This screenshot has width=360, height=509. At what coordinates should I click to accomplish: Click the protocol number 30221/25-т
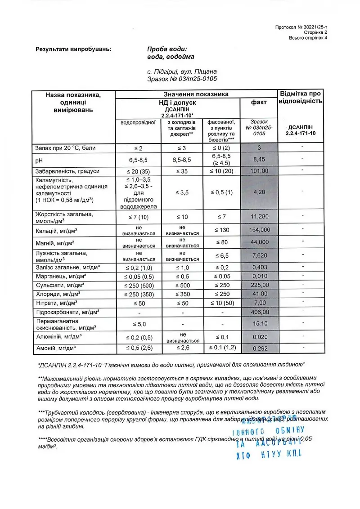301,27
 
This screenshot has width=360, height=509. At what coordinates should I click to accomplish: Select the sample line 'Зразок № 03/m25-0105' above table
182,79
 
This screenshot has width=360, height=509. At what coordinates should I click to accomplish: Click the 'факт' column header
259,102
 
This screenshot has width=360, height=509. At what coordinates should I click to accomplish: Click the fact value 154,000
259,230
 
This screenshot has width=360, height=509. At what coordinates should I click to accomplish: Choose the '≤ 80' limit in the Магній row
221,243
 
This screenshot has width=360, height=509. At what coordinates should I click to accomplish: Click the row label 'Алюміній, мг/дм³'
58,336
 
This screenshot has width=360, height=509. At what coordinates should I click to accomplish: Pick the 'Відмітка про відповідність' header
300,97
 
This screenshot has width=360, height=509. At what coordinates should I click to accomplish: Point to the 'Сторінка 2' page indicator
315,33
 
